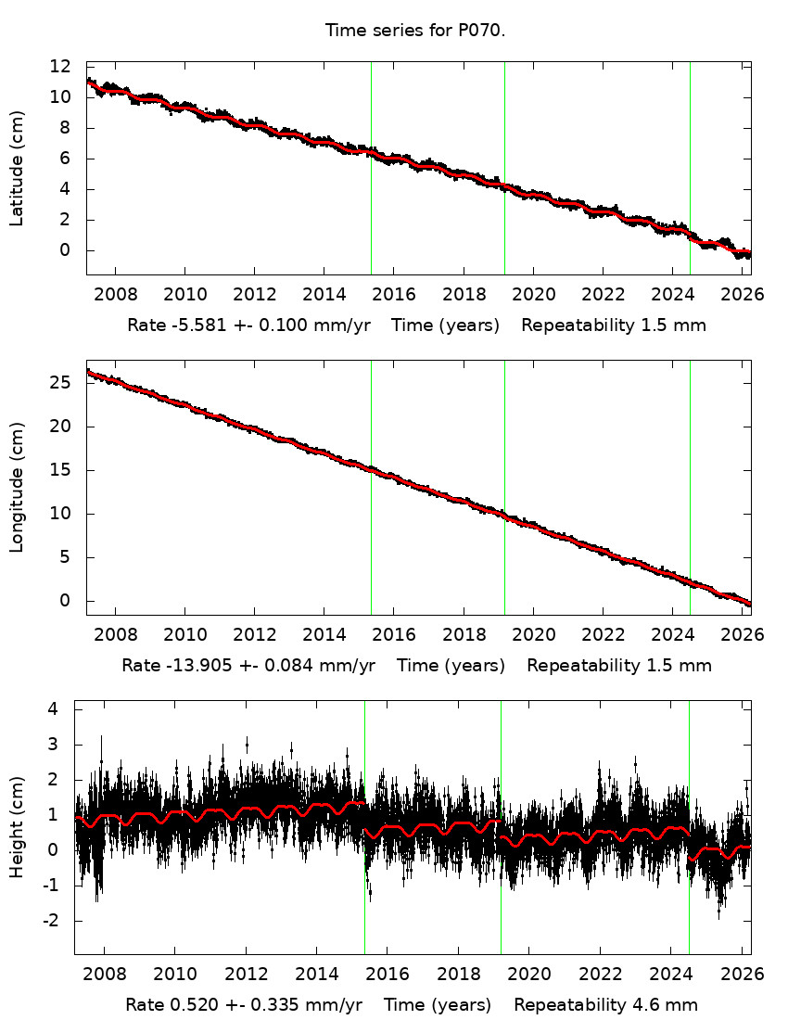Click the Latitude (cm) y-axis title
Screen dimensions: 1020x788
[x=17, y=168]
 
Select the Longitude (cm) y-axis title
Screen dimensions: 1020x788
[x=17, y=487]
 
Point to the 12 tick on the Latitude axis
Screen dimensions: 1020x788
[x=61, y=67]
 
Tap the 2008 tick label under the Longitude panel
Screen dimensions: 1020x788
[x=115, y=636]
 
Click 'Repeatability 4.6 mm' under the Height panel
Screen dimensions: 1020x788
[x=605, y=1005]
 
